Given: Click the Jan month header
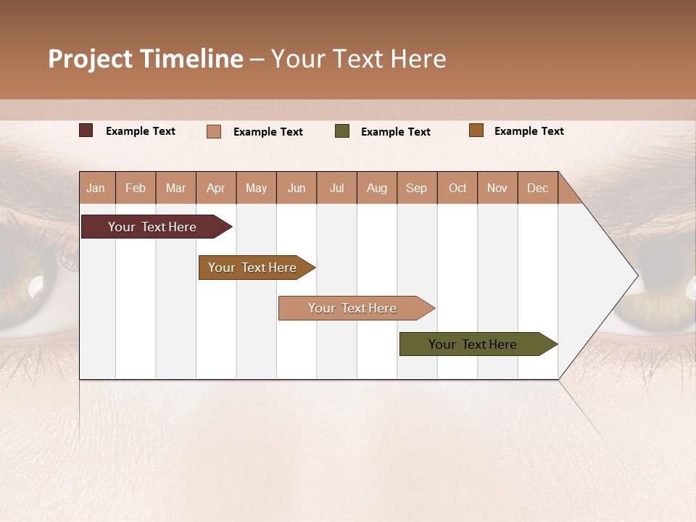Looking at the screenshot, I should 96,188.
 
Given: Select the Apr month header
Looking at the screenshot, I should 215,188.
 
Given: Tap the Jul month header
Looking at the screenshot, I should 336,188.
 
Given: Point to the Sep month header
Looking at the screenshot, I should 416,188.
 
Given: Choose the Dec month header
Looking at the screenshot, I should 537,188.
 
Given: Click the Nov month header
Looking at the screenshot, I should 497,188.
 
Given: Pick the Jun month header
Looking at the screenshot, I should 296,188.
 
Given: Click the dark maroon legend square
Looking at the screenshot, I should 86,130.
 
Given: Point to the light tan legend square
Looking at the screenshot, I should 214,131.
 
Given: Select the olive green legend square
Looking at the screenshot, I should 342,131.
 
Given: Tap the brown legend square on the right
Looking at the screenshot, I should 476,130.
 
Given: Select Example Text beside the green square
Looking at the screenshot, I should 395,131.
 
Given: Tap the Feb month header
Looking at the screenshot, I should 136,188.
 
